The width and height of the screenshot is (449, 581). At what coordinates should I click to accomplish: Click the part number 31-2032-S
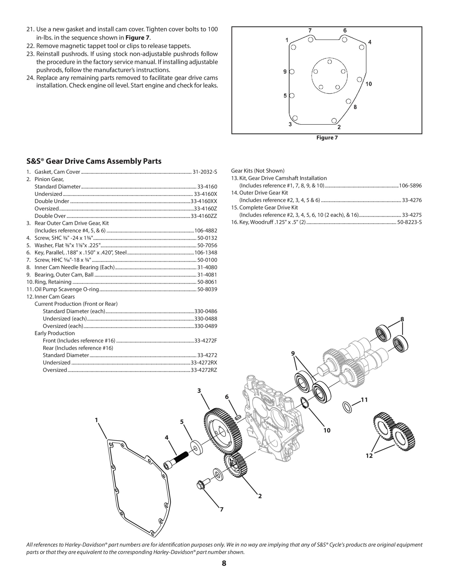(205, 172)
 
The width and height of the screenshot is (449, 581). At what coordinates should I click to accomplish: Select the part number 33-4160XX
(204, 201)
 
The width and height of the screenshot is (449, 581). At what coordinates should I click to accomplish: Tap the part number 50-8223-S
(409, 222)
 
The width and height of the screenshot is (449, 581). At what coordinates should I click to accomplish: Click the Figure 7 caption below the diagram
(327, 138)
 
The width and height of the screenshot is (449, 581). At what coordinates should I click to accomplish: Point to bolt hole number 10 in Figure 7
(359, 79)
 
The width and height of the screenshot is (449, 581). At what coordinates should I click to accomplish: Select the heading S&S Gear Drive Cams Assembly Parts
(94, 161)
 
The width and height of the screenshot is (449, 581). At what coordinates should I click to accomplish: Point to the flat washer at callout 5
(196, 448)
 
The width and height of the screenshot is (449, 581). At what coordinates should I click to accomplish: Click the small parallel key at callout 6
(238, 417)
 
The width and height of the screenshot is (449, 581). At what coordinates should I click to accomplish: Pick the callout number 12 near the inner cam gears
(369, 456)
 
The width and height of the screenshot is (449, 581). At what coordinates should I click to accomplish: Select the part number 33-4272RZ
(204, 370)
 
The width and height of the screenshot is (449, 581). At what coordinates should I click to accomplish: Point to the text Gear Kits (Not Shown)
(257, 171)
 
